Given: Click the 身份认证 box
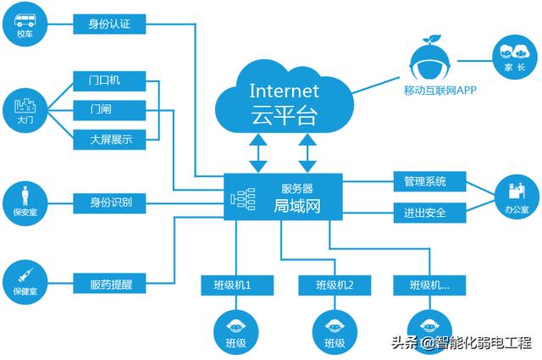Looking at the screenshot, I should [x=109, y=24].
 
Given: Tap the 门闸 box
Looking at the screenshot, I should [x=109, y=109].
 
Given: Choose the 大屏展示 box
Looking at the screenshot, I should [x=109, y=139].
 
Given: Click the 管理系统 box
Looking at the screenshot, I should [x=429, y=181].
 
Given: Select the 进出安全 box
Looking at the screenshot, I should [x=429, y=211].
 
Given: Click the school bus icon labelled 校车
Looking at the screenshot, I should [x=25, y=25].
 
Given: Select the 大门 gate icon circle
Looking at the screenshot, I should [x=25, y=108].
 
